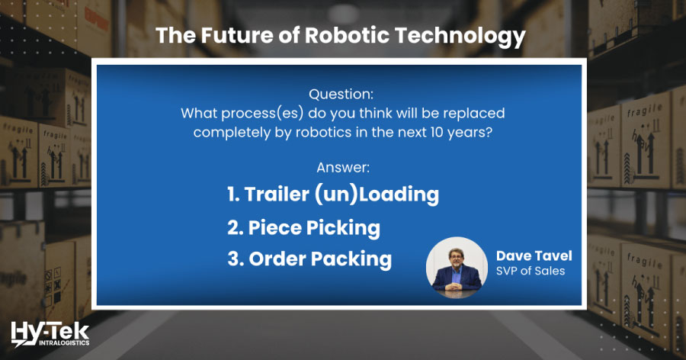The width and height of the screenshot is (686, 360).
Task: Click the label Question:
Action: (341, 95)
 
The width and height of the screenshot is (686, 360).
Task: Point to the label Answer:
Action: (341, 166)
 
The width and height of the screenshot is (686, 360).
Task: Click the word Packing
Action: (351, 259)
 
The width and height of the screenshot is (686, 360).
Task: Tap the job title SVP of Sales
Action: (531, 272)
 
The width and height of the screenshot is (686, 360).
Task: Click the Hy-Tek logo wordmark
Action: (50, 329)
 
